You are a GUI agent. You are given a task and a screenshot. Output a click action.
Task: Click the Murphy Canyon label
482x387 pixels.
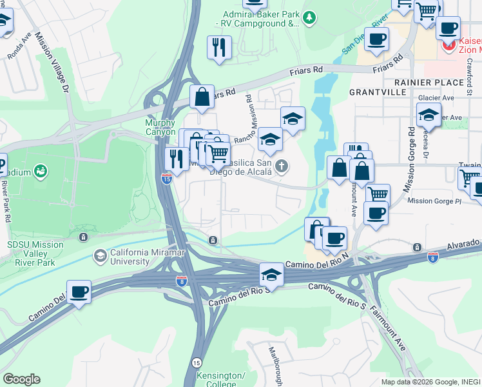pos(160,127)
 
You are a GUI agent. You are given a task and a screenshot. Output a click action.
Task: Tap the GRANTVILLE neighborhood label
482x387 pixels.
pos(378,92)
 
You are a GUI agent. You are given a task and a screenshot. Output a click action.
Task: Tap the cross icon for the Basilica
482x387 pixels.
pos(280,167)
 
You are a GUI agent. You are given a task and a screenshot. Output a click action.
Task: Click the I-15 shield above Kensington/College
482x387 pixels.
pos(197,363)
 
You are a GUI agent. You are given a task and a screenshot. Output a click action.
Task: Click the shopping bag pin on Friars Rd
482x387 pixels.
pos(202,97)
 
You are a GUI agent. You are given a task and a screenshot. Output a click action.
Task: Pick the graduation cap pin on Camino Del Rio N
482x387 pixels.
pos(271,275)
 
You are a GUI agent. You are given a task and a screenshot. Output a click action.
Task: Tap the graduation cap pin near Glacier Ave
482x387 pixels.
pos(429,114)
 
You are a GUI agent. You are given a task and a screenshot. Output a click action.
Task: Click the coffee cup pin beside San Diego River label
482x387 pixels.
pos(376,38)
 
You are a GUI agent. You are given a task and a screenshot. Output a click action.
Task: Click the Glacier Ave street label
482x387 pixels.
pos(436,98)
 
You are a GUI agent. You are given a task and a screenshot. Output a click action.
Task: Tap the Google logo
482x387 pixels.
pos(21,379)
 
